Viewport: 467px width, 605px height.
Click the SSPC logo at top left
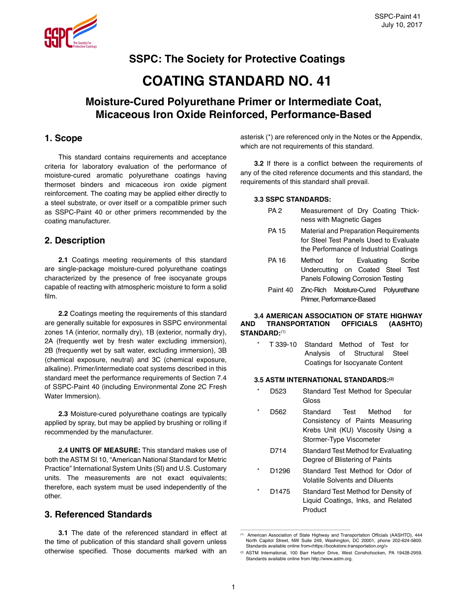(x=70, y=32)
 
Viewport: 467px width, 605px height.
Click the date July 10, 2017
(x=401, y=25)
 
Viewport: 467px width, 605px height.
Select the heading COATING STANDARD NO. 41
(x=236, y=81)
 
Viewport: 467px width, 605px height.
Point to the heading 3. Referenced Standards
(x=98, y=514)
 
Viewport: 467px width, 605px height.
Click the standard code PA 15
(x=277, y=231)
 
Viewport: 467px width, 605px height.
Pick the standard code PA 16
(x=277, y=261)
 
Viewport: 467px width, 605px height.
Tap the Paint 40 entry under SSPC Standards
(x=280, y=290)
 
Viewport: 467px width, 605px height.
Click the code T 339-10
(x=283, y=344)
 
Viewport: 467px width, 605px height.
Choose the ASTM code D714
(x=278, y=451)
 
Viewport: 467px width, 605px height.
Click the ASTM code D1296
(x=280, y=471)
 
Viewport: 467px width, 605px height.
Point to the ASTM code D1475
(x=280, y=491)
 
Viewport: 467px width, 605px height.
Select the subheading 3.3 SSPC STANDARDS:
(x=292, y=199)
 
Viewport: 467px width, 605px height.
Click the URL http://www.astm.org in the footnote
(x=332, y=559)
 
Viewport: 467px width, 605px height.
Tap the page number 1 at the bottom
(x=233, y=587)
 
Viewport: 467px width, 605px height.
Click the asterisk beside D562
(x=258, y=412)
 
